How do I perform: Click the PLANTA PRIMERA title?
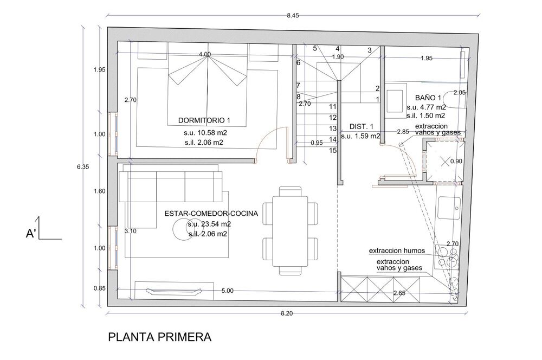coord(160,337)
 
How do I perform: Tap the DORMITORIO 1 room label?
coord(204,120)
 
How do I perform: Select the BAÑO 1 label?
coord(428,98)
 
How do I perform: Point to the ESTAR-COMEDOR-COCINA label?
coord(211,214)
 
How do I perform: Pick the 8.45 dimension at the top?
coord(293,15)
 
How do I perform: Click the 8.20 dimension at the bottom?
coord(287,313)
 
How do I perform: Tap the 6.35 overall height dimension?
coord(83,166)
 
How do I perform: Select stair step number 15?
coord(333,150)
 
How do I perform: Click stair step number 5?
coord(315,48)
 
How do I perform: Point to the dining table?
coord(290,231)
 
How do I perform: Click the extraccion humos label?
coord(397,250)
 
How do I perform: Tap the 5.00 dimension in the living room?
coord(228,291)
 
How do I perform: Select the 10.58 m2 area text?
coord(210,132)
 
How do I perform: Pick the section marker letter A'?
coord(31,234)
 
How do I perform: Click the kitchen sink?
coord(449,209)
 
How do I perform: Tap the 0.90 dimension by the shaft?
coord(456,161)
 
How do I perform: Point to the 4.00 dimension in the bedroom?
coord(205,54)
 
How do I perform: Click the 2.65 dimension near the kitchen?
coord(399,293)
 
